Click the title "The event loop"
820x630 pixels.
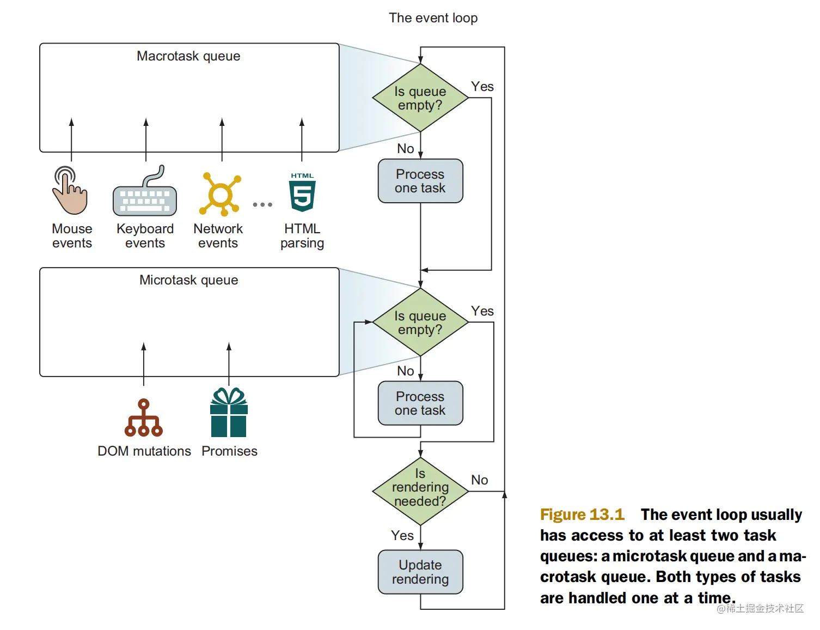[x=433, y=18]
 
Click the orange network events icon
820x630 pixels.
[x=220, y=194]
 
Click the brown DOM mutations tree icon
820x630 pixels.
[x=143, y=418]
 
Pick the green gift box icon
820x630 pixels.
[x=229, y=413]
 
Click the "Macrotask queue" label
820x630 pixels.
[x=188, y=56]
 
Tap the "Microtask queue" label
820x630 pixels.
[x=188, y=280]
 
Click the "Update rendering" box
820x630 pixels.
[x=420, y=572]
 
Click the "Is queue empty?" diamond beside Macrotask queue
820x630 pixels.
[x=420, y=98]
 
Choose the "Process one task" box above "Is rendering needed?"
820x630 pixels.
[x=420, y=403]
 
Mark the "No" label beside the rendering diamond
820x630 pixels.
[x=479, y=480]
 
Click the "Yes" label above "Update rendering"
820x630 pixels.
[x=402, y=536]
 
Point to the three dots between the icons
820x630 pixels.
[x=262, y=205]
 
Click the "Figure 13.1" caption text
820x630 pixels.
[x=582, y=514]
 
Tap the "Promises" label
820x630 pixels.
[x=229, y=451]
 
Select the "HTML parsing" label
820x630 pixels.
[x=302, y=236]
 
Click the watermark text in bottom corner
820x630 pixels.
[x=760, y=608]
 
